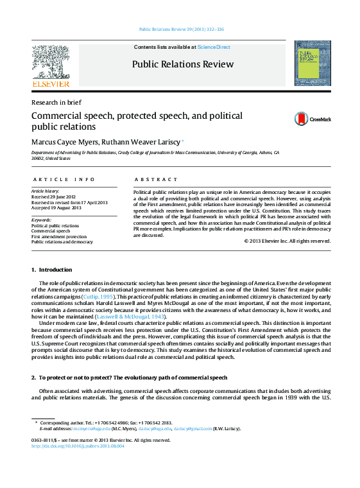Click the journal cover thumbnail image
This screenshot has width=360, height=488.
tap(313, 63)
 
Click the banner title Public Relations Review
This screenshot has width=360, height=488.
tap(182, 64)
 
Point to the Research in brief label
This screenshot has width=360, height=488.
tap(56, 102)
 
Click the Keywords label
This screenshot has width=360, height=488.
tap(41, 220)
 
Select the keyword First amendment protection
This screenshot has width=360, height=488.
tap(59, 237)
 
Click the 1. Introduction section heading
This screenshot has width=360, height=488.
tap(52, 270)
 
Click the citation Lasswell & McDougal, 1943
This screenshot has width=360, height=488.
tap(139, 316)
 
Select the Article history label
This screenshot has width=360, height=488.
tap(45, 191)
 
